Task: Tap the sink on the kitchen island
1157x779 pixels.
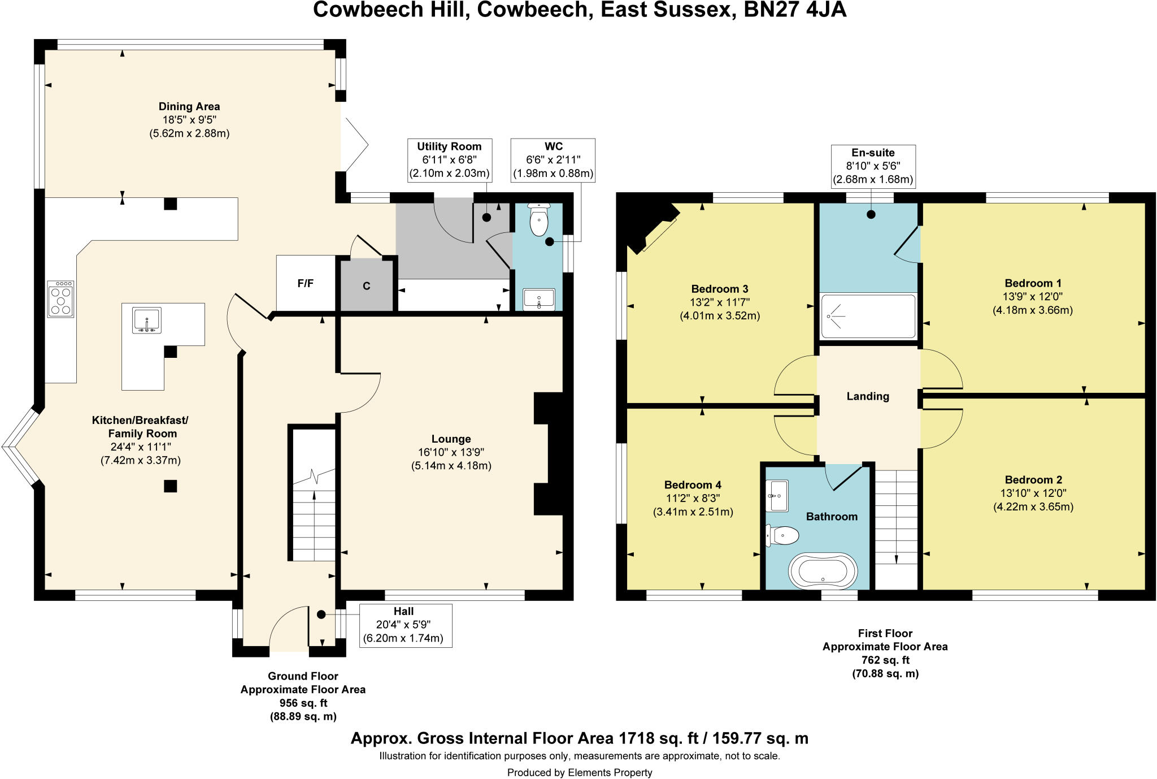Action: pos(147,321)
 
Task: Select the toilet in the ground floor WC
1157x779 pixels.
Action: pos(539,221)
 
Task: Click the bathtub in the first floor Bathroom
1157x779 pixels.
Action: pos(823,571)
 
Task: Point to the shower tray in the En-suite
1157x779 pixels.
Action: pos(868,317)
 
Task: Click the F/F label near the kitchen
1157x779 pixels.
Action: pos(306,284)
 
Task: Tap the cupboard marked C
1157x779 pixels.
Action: pos(366,286)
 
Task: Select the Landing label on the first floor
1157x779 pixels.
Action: pos(868,396)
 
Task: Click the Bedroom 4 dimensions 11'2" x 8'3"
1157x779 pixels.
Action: pos(693,499)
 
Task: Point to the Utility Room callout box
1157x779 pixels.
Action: pos(449,160)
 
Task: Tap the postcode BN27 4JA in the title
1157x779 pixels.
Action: pos(795,10)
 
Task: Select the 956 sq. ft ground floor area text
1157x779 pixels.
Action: pos(303,703)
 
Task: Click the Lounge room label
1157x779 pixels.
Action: pos(451,439)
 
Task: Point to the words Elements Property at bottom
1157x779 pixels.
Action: pos(610,772)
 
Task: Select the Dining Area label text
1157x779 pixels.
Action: pos(189,106)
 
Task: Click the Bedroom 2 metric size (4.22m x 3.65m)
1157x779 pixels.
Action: pos(1033,507)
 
